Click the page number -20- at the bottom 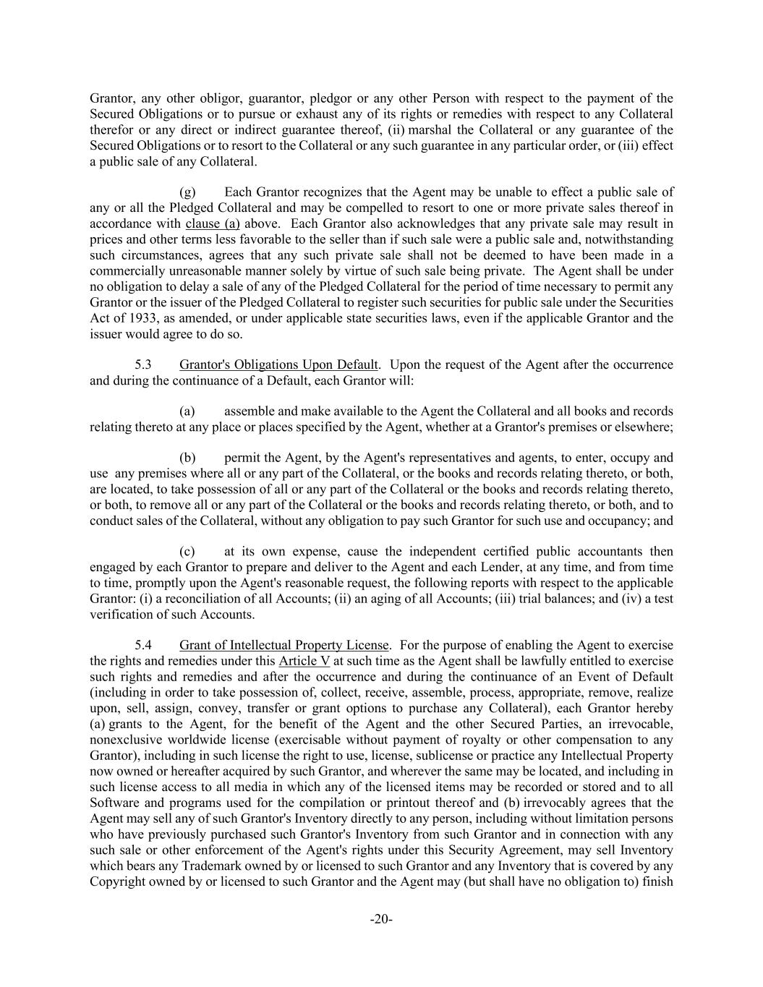tap(381, 920)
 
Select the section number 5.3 tap(143, 364)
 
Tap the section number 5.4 tap(143, 645)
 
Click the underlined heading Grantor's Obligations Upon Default tap(278, 364)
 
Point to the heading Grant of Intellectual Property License tap(284, 645)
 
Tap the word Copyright tap(116, 881)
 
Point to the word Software tap(114, 803)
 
